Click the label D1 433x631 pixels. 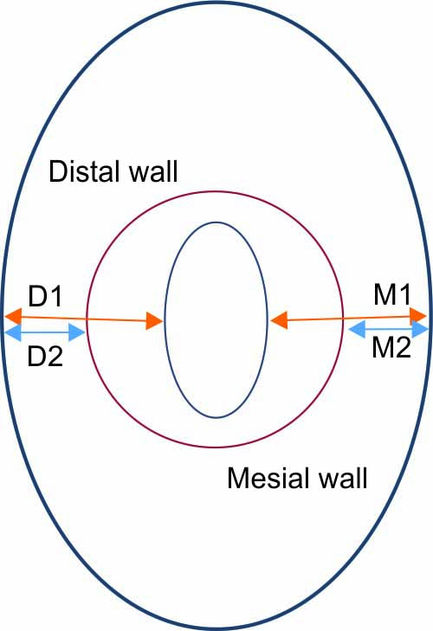tap(45, 296)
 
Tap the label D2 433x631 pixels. tap(45, 356)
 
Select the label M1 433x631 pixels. tap(392, 294)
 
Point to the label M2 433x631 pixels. tap(391, 347)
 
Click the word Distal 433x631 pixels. tap(83, 171)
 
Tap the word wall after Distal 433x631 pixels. tap(153, 171)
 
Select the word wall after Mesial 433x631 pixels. tap(342, 478)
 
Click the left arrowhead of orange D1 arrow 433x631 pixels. tap(13, 316)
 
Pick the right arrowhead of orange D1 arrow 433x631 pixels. tap(154, 321)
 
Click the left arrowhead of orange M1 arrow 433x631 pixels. tap(278, 320)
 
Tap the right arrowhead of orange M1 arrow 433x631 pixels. tap(418, 317)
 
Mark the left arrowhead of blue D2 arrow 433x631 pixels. tap(12, 332)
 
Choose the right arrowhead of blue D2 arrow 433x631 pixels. tap(77, 332)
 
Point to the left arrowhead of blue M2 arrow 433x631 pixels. tap(356, 329)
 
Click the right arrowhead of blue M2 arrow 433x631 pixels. tap(420, 329)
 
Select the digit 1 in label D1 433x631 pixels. tap(55, 296)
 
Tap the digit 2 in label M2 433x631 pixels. tap(403, 347)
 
